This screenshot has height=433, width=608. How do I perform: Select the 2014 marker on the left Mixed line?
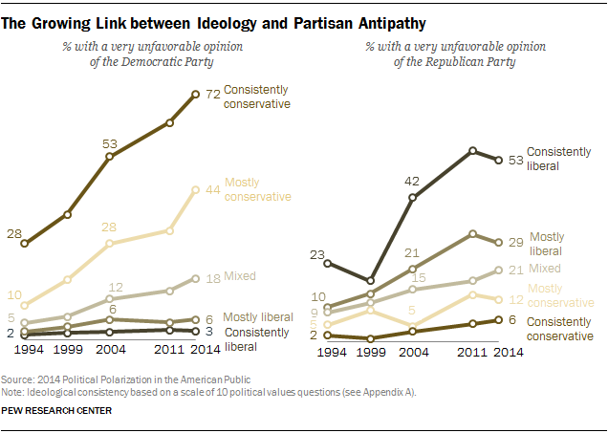195,278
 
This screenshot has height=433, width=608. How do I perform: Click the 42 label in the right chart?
413,181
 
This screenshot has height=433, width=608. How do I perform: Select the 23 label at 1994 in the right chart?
319,253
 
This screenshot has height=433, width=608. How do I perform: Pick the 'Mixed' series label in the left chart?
240,277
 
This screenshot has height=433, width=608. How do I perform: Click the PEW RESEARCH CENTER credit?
58,410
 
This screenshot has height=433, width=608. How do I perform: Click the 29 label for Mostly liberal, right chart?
514,241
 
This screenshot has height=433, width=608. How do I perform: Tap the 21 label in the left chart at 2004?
413,253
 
